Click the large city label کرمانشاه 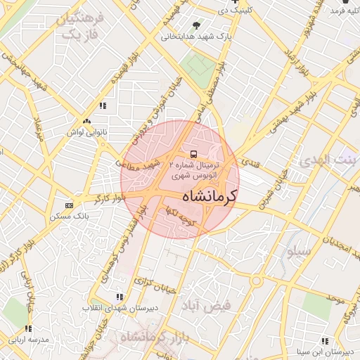point(210,196)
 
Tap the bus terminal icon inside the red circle point(193,153)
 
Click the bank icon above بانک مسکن point(69,205)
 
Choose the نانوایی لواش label point(86,131)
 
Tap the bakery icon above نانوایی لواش point(86,121)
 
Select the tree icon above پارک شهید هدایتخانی point(205,25)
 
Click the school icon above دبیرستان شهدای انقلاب point(120,297)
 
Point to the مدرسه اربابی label point(28,340)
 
